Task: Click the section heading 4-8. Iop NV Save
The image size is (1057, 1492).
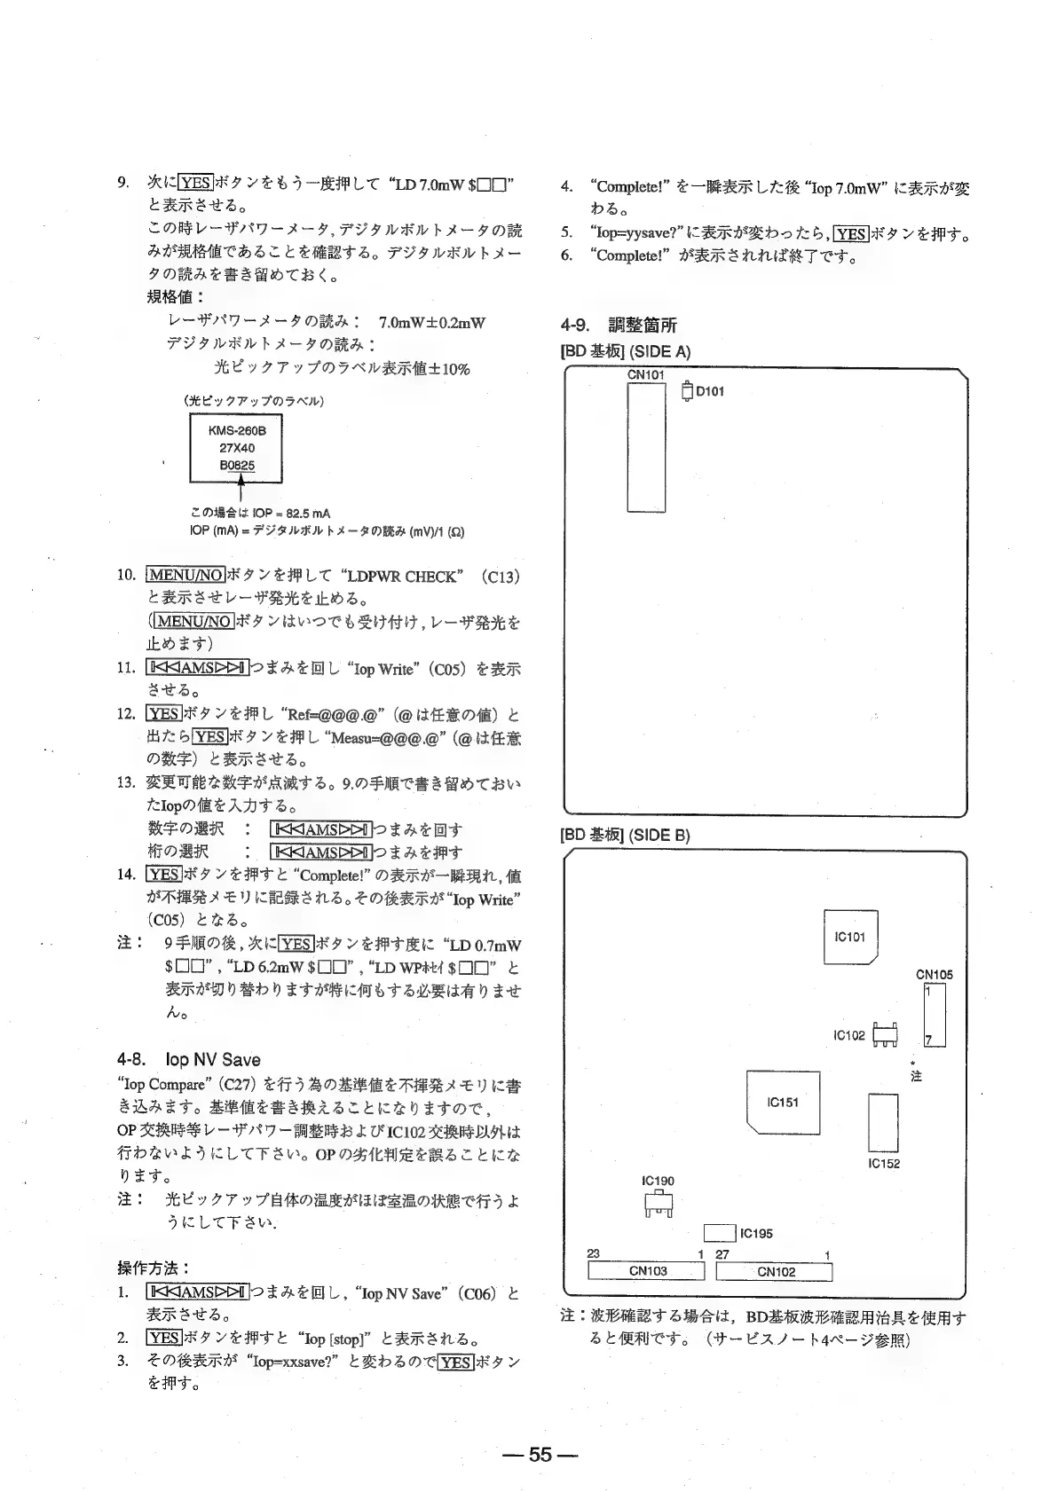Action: (x=189, y=1059)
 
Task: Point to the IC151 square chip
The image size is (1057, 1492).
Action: (x=783, y=1102)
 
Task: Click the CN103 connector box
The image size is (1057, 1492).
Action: (x=647, y=1270)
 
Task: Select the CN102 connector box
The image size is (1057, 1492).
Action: (x=775, y=1271)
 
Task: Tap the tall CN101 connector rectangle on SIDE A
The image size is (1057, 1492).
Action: (x=646, y=447)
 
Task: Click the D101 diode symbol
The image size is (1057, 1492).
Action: (x=687, y=391)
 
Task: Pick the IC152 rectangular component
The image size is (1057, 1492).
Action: (x=883, y=1123)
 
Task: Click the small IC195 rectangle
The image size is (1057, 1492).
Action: (x=720, y=1233)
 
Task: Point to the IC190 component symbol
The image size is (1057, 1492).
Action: (x=658, y=1204)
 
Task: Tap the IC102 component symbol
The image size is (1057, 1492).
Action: (x=885, y=1034)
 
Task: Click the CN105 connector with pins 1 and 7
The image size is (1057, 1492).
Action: (x=935, y=1015)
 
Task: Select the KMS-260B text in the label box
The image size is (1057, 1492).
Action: (x=237, y=430)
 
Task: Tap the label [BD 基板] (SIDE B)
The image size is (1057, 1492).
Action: (x=626, y=835)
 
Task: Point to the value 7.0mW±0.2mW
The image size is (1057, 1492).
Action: (x=432, y=323)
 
